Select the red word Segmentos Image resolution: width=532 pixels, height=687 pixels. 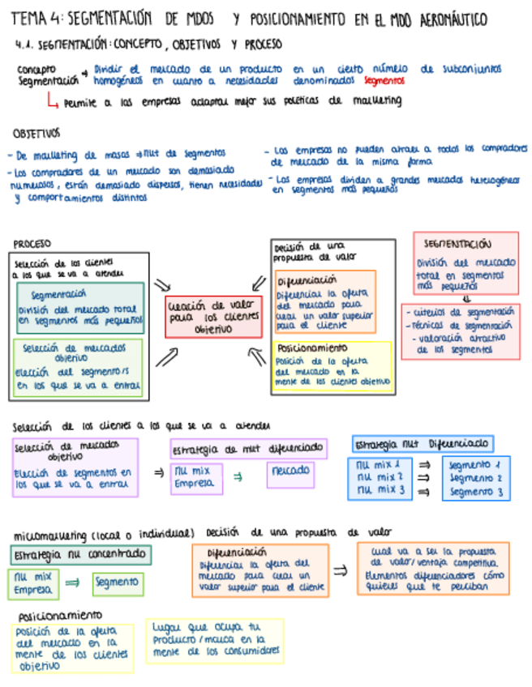tap(384, 81)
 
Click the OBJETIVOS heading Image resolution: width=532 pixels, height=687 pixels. tap(36, 133)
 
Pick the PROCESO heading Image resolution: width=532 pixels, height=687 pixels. tap(32, 243)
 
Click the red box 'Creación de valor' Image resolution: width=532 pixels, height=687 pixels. tap(213, 317)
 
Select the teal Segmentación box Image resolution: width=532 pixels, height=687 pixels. tap(79, 309)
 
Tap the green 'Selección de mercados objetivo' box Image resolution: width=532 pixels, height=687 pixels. tap(78, 367)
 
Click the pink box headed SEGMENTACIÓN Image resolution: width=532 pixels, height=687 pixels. tap(466, 267)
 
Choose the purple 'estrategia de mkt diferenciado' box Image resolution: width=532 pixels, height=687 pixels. tap(248, 449)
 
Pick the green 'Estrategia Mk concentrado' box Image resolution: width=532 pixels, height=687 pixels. tap(81, 555)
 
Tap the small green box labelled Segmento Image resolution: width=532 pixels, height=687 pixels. tap(118, 583)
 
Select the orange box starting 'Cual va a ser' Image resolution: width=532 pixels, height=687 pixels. tap(433, 569)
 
